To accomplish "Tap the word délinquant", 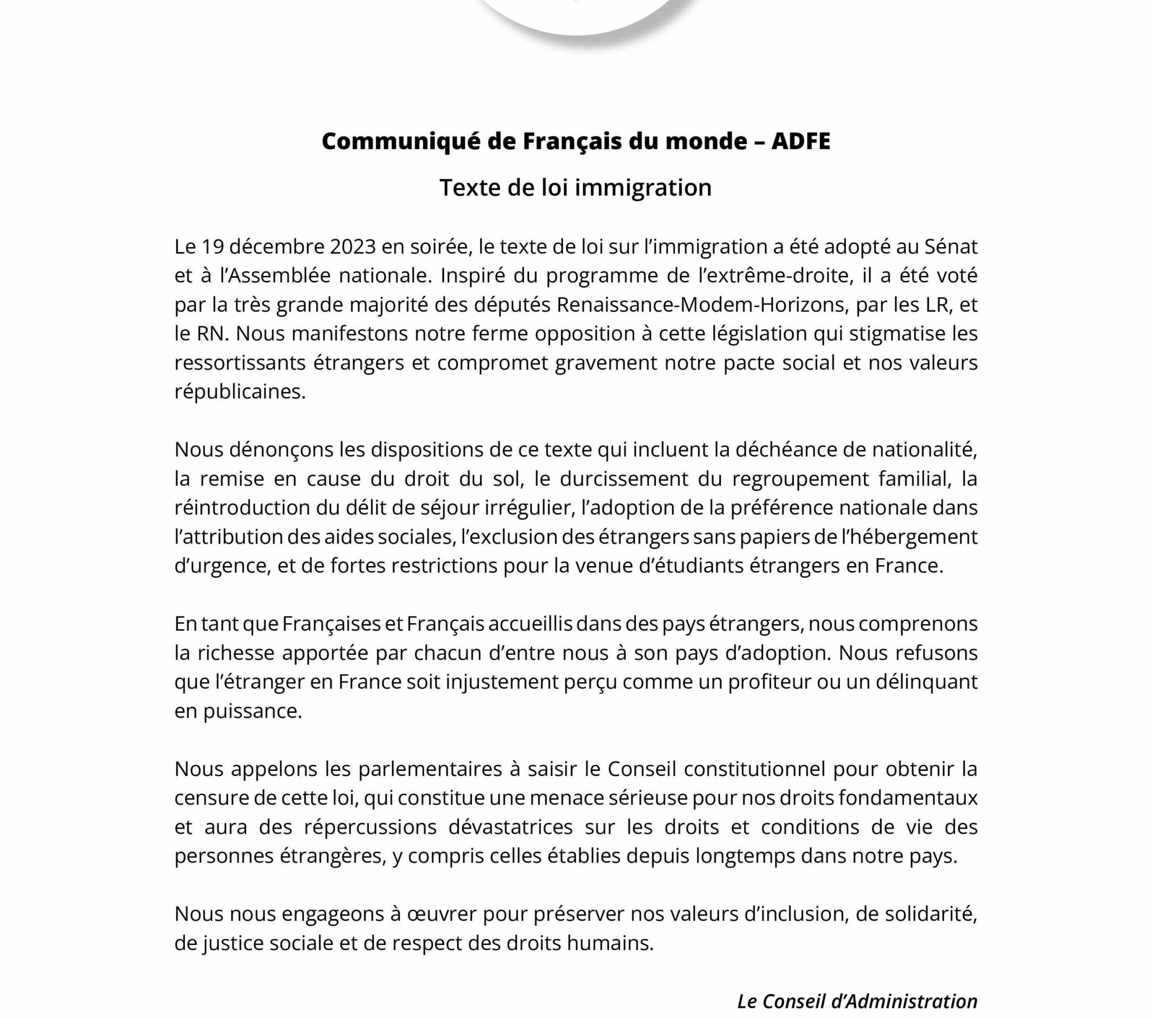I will click(927, 682).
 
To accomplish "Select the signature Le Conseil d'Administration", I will click(857, 1002).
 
